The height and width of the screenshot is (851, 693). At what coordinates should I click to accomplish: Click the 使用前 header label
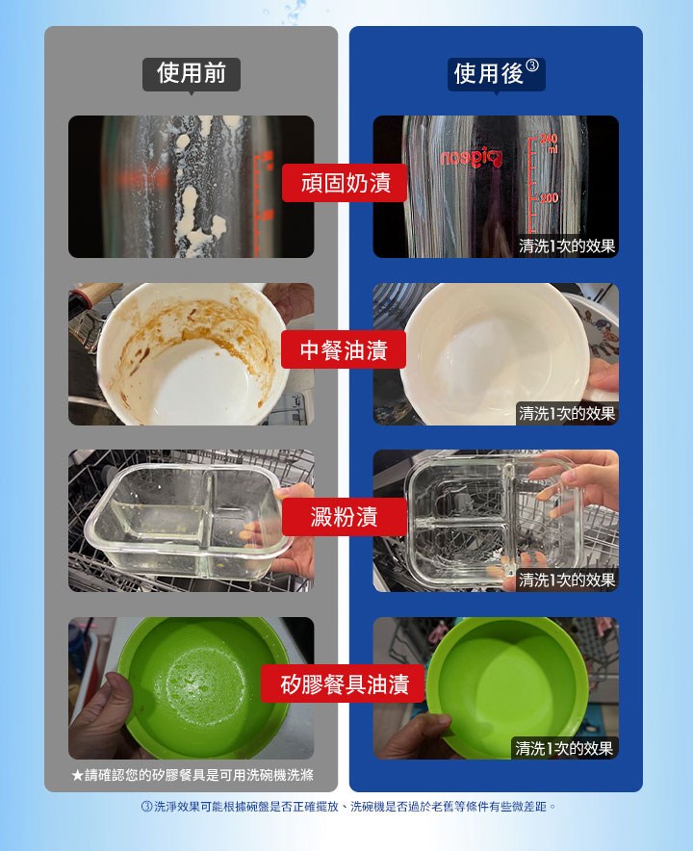(191, 74)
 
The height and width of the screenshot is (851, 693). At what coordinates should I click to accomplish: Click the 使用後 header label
(489, 74)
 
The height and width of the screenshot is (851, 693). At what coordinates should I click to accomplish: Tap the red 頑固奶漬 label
(345, 183)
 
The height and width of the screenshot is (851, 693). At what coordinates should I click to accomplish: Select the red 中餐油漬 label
(344, 349)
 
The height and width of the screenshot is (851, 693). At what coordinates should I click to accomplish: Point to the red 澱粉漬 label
(344, 517)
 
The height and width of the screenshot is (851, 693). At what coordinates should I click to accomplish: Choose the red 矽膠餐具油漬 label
(344, 683)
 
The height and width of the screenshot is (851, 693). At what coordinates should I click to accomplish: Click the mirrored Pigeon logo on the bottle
(471, 158)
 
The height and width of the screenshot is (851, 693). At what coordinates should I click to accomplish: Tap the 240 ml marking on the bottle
(549, 142)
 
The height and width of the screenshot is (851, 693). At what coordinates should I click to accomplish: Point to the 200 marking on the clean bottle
(549, 197)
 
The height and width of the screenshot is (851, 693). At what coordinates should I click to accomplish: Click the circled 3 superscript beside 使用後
(532, 65)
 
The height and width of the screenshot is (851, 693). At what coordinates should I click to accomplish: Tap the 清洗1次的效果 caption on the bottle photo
(567, 245)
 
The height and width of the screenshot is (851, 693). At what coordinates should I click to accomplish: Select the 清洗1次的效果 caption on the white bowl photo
(567, 414)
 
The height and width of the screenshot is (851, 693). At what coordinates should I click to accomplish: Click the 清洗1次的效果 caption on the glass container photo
(567, 580)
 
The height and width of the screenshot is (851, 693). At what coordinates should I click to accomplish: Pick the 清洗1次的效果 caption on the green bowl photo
(564, 748)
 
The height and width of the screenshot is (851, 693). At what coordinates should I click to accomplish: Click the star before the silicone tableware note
(77, 775)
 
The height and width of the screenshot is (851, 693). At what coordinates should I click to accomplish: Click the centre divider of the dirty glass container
(209, 521)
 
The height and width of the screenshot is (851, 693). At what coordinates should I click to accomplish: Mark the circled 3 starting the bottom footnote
(146, 807)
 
